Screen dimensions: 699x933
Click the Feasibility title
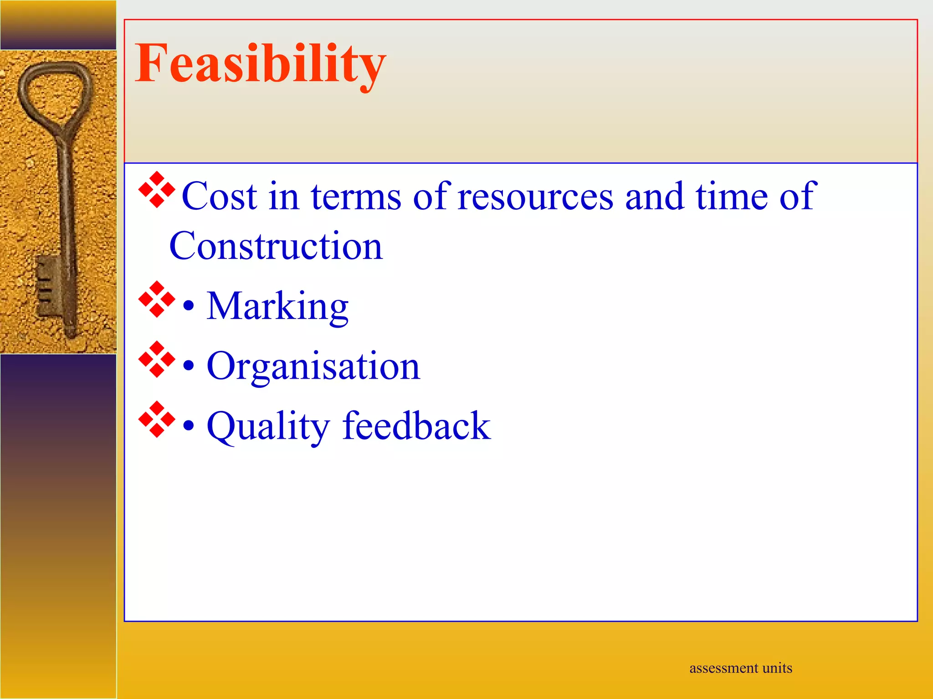[260, 64]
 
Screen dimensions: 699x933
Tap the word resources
[535, 197]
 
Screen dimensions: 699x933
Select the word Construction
[276, 246]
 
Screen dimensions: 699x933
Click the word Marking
[277, 307]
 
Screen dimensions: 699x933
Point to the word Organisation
[313, 366]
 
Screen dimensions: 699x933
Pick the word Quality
[268, 426]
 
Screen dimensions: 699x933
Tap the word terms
[356, 197]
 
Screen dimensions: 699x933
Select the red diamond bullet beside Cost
[157, 190]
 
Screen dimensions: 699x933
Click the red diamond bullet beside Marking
[157, 299]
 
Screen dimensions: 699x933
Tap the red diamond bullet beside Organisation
[157, 360]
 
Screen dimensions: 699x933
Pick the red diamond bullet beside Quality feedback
[157, 420]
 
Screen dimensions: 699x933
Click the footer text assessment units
[740, 668]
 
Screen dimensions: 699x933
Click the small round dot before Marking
[189, 306]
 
